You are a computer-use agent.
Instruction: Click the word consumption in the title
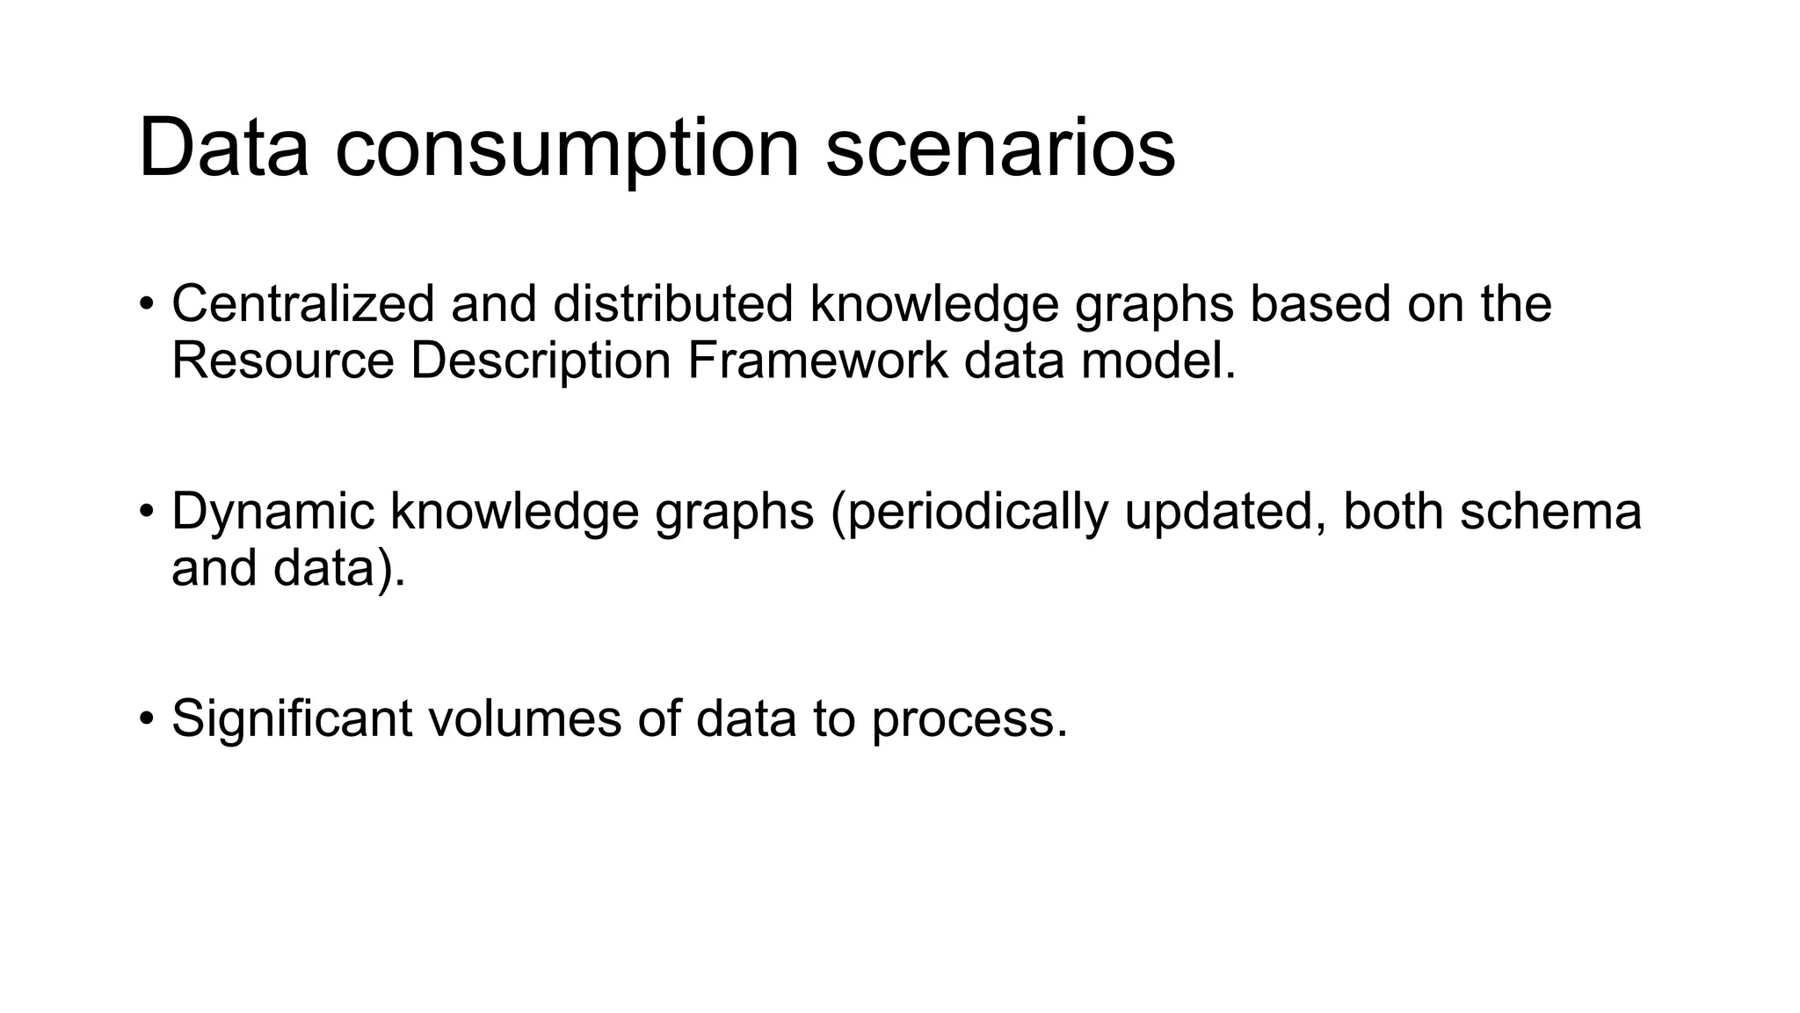tap(567, 149)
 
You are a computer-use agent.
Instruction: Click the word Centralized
tap(302, 303)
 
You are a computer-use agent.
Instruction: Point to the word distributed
tap(673, 303)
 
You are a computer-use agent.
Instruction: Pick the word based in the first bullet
tap(1320, 303)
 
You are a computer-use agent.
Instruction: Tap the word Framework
tap(817, 361)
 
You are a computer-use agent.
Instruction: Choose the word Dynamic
tap(272, 512)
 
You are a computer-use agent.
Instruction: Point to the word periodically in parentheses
tap(969, 512)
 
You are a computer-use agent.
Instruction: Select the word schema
tap(1550, 512)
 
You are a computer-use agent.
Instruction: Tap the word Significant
tap(292, 718)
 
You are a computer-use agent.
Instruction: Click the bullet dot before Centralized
tap(146, 305)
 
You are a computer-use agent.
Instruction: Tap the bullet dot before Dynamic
tap(146, 513)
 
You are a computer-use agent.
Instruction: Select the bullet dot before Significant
tap(146, 719)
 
